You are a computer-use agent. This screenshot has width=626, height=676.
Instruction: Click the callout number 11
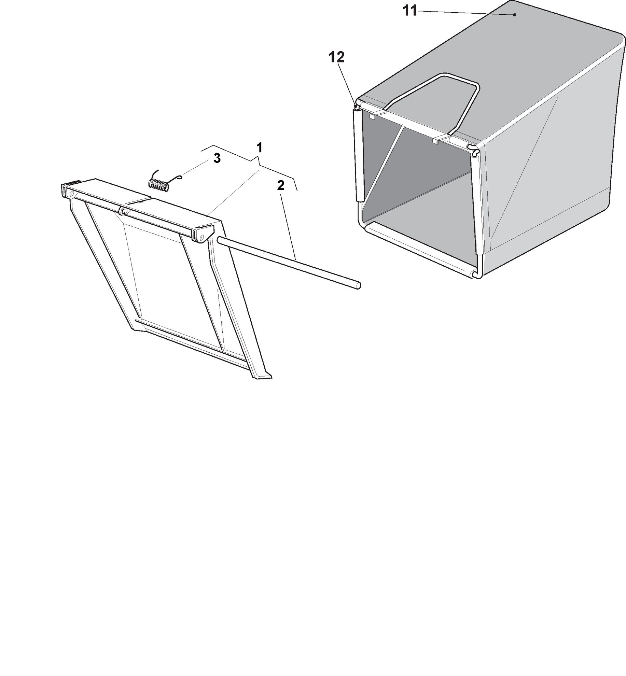click(x=410, y=11)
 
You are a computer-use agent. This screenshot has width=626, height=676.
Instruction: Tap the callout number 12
click(x=336, y=57)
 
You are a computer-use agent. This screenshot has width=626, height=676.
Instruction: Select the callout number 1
click(x=260, y=148)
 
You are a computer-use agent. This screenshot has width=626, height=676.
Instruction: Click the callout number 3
click(x=217, y=158)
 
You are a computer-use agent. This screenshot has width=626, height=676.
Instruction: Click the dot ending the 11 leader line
click(x=515, y=15)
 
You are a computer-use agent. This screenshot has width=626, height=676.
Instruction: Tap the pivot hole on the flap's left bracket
click(x=71, y=194)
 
